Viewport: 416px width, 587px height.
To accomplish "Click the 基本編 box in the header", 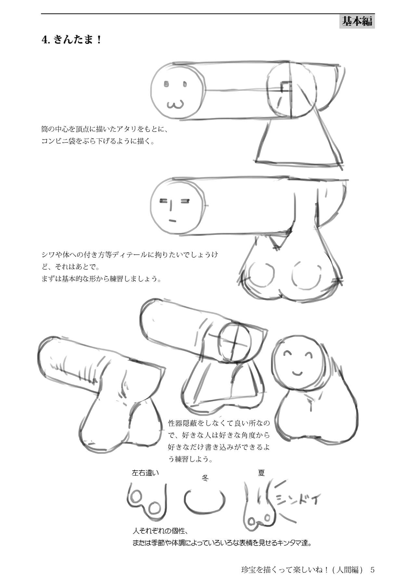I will (357, 21).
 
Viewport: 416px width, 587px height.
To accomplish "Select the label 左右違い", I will (145, 473).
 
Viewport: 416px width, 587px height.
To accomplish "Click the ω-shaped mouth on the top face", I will (175, 105).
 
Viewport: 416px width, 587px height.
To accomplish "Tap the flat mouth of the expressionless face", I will (172, 221).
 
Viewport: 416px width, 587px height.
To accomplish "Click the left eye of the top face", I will (167, 84).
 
